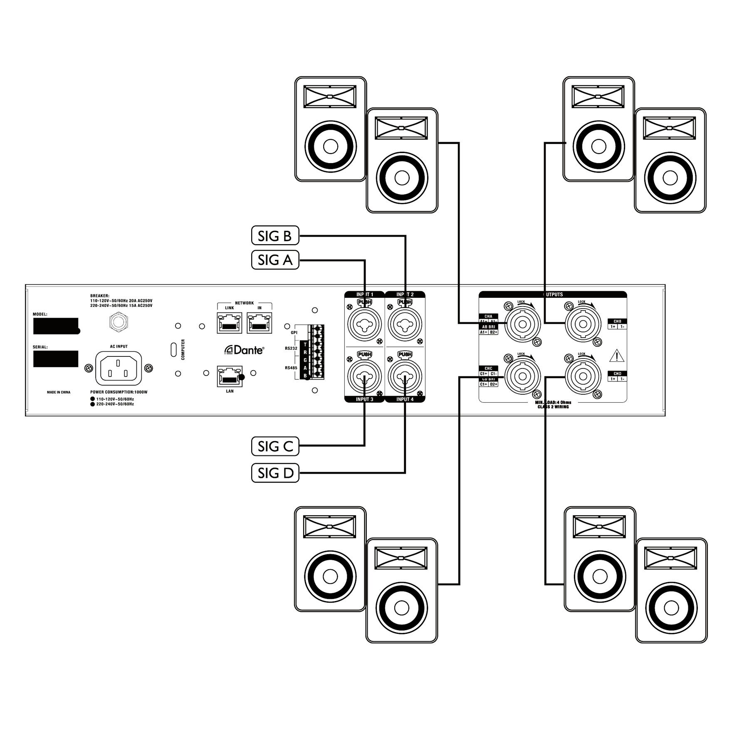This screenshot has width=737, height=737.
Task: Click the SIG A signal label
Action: point(275,260)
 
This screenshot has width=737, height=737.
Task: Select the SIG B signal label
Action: point(275,236)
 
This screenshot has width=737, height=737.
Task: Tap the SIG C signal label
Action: point(275,447)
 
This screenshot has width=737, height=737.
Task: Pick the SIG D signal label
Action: point(275,473)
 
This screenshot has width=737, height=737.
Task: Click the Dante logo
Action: point(244,350)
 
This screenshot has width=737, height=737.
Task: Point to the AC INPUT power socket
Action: point(119,368)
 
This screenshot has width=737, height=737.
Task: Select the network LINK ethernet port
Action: point(229,323)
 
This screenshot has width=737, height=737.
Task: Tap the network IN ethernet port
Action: point(260,323)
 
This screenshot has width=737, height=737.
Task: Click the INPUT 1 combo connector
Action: point(365,323)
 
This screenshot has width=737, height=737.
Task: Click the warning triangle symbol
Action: point(617,356)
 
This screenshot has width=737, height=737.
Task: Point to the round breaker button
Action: point(118,322)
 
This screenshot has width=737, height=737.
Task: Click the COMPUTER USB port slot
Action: point(173,349)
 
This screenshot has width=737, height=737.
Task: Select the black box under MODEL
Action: point(56,326)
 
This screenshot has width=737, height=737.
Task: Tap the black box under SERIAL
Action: point(56,359)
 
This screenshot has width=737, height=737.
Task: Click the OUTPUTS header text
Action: point(553,294)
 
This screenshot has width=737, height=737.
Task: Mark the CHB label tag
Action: point(617,321)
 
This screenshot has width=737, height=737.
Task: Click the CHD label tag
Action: point(617,373)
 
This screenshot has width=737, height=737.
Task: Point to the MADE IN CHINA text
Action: point(59,392)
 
